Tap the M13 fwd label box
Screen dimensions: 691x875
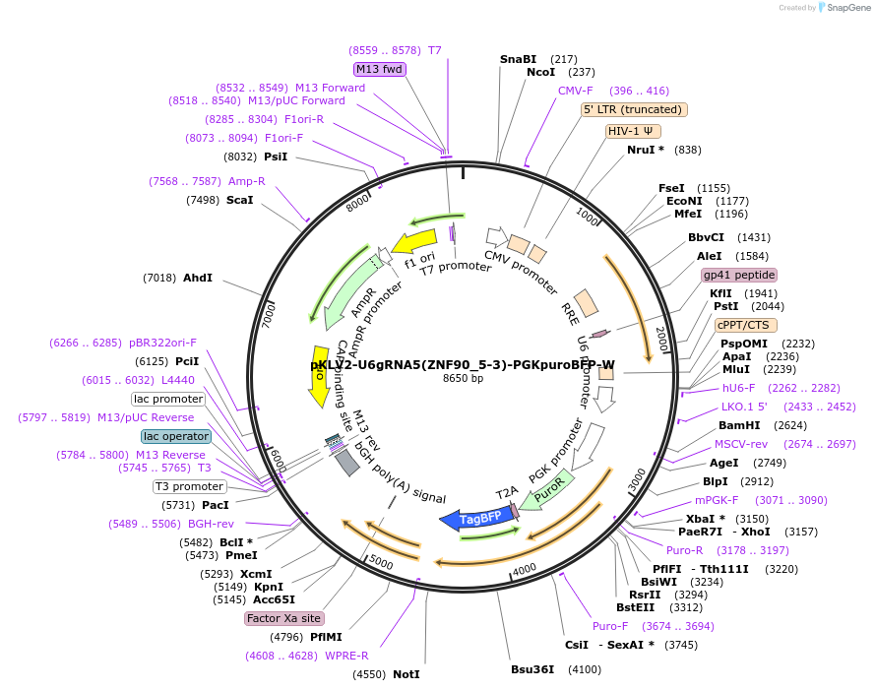tap(380, 69)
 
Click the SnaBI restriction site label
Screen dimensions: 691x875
tap(518, 59)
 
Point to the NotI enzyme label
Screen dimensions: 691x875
tap(406, 674)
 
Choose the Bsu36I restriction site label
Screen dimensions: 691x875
tap(531, 669)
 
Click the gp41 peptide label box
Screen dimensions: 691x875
tap(738, 275)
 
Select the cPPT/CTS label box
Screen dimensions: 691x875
tap(745, 325)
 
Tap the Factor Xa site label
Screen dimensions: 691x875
tap(283, 618)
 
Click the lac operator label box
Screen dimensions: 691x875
tap(176, 436)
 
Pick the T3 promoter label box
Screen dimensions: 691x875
tap(189, 486)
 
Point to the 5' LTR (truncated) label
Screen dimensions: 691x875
tap(634, 110)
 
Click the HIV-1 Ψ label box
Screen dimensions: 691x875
tap(634, 131)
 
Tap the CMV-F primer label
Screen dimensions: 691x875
tap(576, 91)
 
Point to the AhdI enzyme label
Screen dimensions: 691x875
tap(198, 278)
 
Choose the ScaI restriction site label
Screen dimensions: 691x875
tap(240, 200)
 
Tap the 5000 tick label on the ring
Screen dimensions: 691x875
tap(380, 564)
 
